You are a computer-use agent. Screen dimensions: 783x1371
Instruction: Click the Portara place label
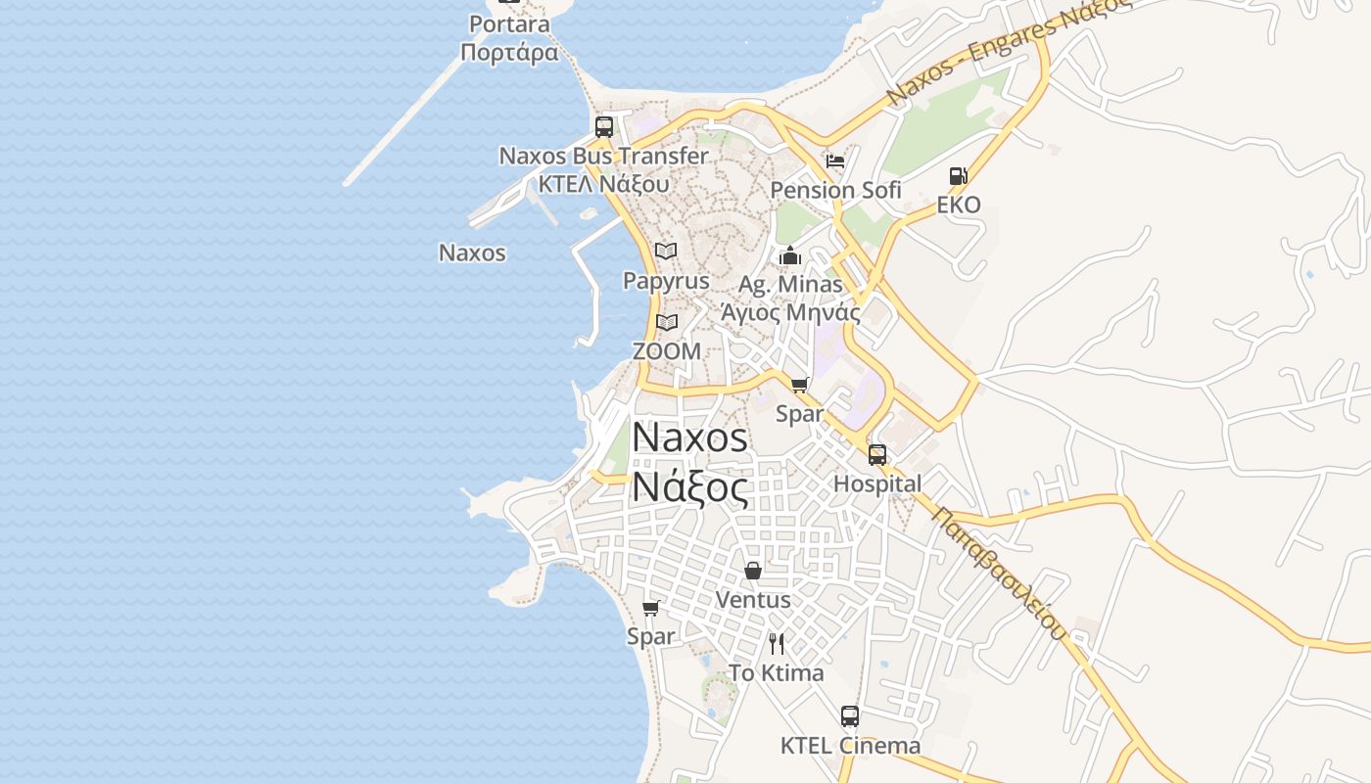509,23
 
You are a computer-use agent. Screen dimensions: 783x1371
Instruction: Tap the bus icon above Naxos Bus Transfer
604,126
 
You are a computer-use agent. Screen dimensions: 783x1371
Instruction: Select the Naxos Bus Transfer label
603,156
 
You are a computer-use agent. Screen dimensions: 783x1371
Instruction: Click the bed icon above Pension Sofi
835,161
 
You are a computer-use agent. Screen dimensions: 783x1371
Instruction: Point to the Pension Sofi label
835,190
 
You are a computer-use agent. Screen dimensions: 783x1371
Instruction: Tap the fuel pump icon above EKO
958,176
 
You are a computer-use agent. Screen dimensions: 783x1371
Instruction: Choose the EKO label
958,206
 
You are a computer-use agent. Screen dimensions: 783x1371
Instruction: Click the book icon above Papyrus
666,252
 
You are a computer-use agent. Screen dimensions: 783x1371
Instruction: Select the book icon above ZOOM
667,322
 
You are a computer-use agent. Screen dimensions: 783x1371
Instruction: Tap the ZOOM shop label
667,351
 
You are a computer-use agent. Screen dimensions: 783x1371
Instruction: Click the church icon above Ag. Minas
790,256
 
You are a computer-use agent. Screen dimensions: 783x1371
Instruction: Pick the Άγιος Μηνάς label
790,313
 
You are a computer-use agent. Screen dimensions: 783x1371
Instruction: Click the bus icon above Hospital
877,455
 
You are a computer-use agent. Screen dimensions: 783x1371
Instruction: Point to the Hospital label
877,484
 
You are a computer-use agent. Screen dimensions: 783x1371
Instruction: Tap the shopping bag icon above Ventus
753,570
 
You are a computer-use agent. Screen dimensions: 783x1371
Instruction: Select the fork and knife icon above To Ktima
777,644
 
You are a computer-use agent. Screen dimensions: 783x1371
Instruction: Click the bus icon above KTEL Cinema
850,716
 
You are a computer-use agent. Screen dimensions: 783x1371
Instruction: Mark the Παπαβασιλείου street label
999,573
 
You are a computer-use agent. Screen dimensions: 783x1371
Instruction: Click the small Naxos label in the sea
472,253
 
